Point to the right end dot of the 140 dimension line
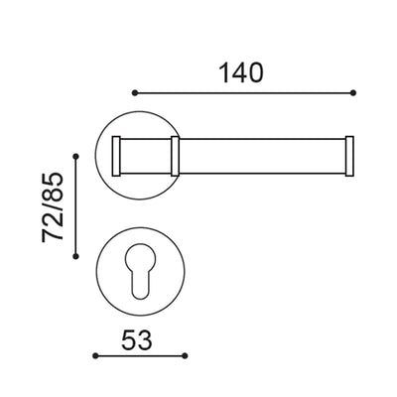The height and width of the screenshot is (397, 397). point(352,92)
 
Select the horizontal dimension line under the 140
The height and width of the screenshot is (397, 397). point(244,92)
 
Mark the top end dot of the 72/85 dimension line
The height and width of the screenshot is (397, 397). point(75,156)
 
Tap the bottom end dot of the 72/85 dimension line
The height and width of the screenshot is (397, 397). point(75,256)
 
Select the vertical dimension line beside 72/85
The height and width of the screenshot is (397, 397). point(75,205)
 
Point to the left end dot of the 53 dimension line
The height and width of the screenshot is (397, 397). point(92,354)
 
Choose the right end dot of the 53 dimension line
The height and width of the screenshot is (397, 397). point(185,354)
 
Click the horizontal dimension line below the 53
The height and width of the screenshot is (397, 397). point(139,354)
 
